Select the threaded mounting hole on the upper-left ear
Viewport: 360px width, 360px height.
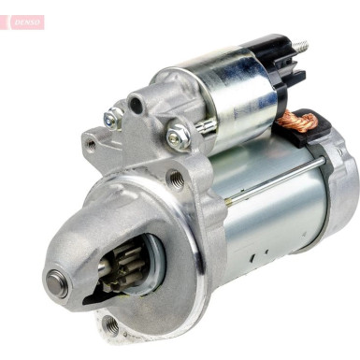coord(91,145)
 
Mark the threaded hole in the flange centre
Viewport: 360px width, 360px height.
coord(176,179)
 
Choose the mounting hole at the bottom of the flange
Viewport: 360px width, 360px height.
coord(110,324)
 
